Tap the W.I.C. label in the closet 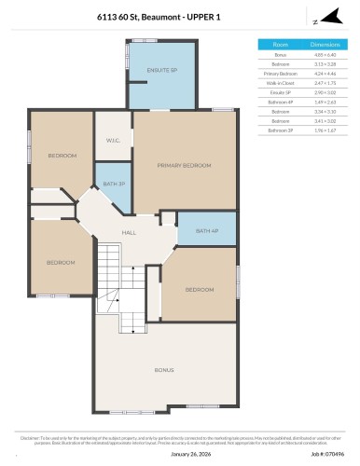click(112, 141)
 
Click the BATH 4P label click(208, 230)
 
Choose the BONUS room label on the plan click(164, 370)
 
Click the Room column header click(280, 44)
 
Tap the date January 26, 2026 click(179, 454)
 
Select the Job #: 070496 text click(328, 454)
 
